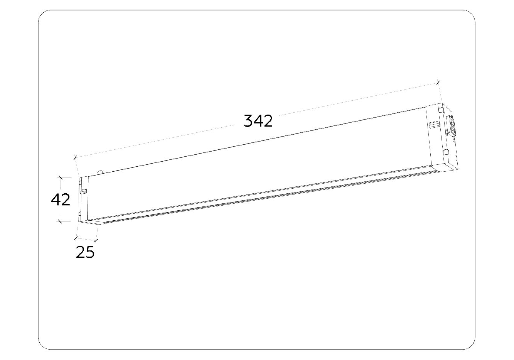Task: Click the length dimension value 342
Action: (x=258, y=121)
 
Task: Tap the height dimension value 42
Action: (x=61, y=199)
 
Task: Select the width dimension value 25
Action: (x=85, y=252)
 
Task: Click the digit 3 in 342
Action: (x=248, y=121)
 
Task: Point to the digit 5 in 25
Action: (x=90, y=252)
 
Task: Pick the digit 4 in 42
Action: (x=55, y=199)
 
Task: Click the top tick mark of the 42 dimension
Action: (x=61, y=177)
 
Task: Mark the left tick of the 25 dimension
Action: (x=76, y=238)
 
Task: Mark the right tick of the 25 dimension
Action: (x=96, y=240)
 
